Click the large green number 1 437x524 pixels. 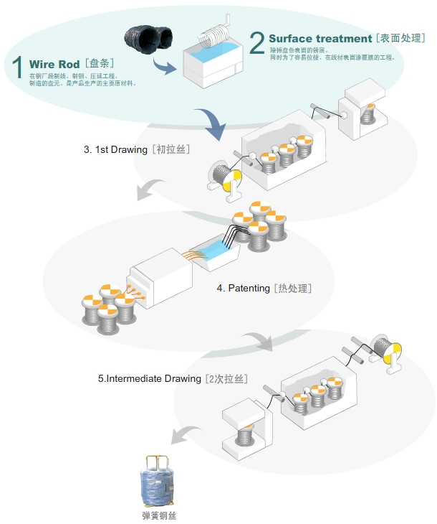tap(18, 67)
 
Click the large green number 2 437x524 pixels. tap(256, 43)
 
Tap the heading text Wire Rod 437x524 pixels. tap(54, 65)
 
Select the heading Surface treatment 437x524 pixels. tap(320, 38)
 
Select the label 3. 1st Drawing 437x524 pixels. tap(115, 150)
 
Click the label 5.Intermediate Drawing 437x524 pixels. tap(150, 378)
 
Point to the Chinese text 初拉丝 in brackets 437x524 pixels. tap(171, 150)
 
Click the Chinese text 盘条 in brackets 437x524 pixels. tap(99, 65)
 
